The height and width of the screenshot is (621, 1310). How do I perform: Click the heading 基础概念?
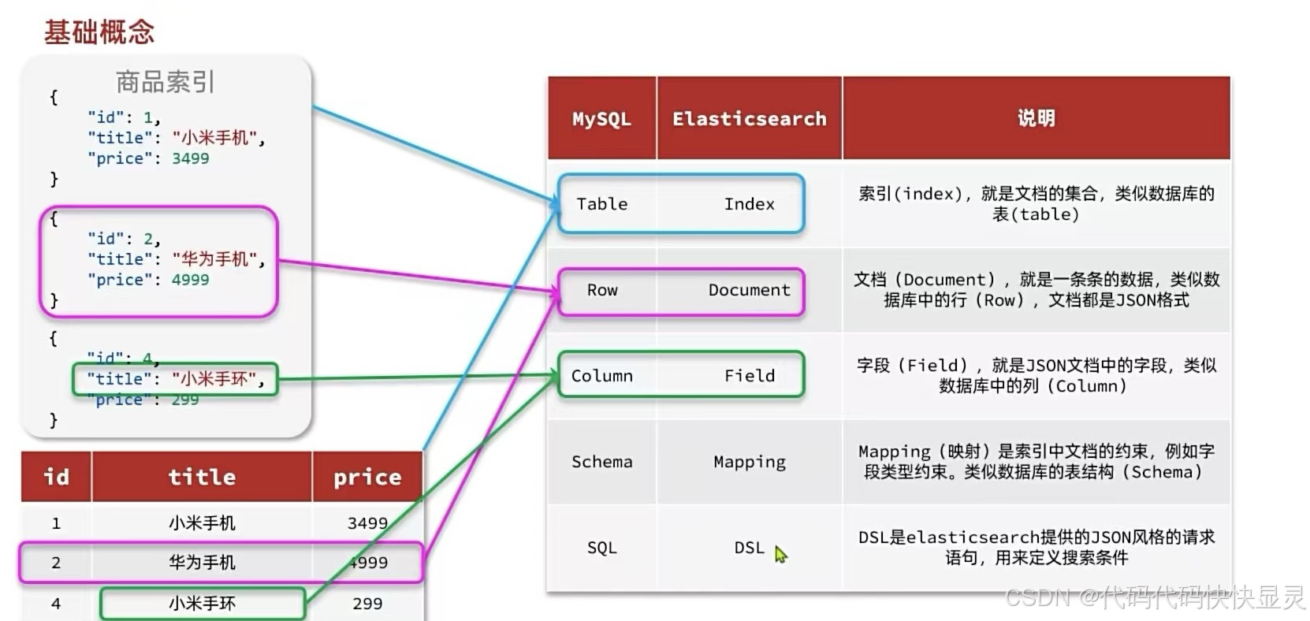pyautogui.click(x=99, y=32)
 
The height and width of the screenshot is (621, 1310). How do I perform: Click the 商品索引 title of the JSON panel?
pyautogui.click(x=165, y=82)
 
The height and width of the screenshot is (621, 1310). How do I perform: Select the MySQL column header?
pyautogui.click(x=601, y=119)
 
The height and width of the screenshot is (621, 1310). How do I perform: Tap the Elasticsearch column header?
pyautogui.click(x=749, y=119)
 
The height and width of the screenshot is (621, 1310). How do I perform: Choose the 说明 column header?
pyautogui.click(x=1036, y=118)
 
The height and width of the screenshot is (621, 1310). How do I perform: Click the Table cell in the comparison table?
pyautogui.click(x=601, y=204)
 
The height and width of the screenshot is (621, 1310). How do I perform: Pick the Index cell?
pyautogui.click(x=749, y=204)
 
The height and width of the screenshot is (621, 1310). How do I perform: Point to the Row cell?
pyautogui.click(x=602, y=290)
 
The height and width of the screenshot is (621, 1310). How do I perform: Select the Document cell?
pyautogui.click(x=749, y=290)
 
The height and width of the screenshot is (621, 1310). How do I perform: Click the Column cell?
pyautogui.click(x=601, y=376)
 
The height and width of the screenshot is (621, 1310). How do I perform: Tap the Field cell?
pyautogui.click(x=749, y=376)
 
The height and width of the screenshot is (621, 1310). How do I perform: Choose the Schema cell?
pyautogui.click(x=601, y=462)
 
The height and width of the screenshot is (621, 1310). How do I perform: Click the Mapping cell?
pyautogui.click(x=749, y=462)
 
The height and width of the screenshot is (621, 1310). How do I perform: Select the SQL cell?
pyautogui.click(x=601, y=548)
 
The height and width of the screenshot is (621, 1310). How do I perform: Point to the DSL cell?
pyautogui.click(x=749, y=548)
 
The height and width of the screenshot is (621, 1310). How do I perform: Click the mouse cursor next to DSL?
pyautogui.click(x=780, y=554)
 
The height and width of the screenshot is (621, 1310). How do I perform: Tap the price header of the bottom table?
pyautogui.click(x=367, y=477)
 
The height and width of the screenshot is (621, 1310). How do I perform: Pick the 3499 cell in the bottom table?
pyautogui.click(x=367, y=523)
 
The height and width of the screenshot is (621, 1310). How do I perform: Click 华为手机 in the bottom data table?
pyautogui.click(x=202, y=563)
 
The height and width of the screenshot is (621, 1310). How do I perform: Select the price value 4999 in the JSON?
pyautogui.click(x=191, y=280)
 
